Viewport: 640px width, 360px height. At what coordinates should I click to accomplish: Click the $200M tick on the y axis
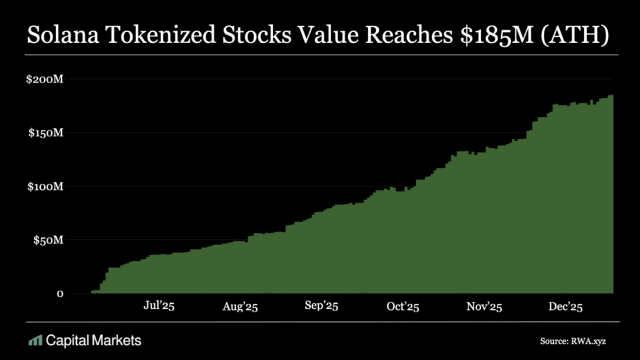coord(46,79)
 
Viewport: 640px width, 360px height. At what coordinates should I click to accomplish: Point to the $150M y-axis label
coord(46,133)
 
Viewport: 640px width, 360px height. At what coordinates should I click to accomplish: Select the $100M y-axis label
coord(46,187)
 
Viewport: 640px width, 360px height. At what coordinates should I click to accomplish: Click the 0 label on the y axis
coord(60,294)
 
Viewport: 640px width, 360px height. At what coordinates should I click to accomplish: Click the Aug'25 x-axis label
coord(240,307)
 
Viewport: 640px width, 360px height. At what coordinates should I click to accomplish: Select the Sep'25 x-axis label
coord(321,306)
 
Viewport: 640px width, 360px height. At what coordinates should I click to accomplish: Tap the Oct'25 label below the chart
coord(402,306)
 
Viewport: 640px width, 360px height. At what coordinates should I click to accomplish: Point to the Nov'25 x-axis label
coord(484,306)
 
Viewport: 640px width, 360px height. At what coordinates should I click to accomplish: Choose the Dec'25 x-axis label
coord(566,306)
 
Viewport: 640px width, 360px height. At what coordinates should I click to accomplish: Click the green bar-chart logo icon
coord(35,341)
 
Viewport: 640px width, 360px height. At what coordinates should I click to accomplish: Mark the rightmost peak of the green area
coord(611,96)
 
